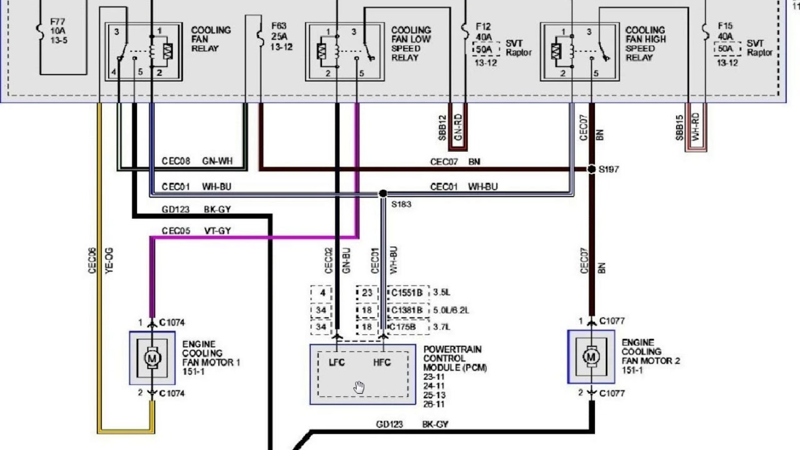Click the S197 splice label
(x=609, y=169)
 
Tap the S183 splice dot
(x=382, y=194)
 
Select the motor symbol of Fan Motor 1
(x=152, y=358)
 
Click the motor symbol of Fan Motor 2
(x=591, y=357)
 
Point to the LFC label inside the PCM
(x=337, y=362)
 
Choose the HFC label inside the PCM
(x=382, y=362)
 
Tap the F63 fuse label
(x=279, y=26)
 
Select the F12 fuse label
(x=483, y=27)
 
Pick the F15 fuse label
(x=725, y=26)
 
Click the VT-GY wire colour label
(x=217, y=231)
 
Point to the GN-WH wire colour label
(x=217, y=161)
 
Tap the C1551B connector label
(x=407, y=292)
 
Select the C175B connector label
(x=407, y=327)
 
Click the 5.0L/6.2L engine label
(x=451, y=310)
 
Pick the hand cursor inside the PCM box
(x=359, y=387)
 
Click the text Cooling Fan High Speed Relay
(x=646, y=43)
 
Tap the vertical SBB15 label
(x=679, y=127)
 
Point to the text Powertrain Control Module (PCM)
(x=454, y=359)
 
